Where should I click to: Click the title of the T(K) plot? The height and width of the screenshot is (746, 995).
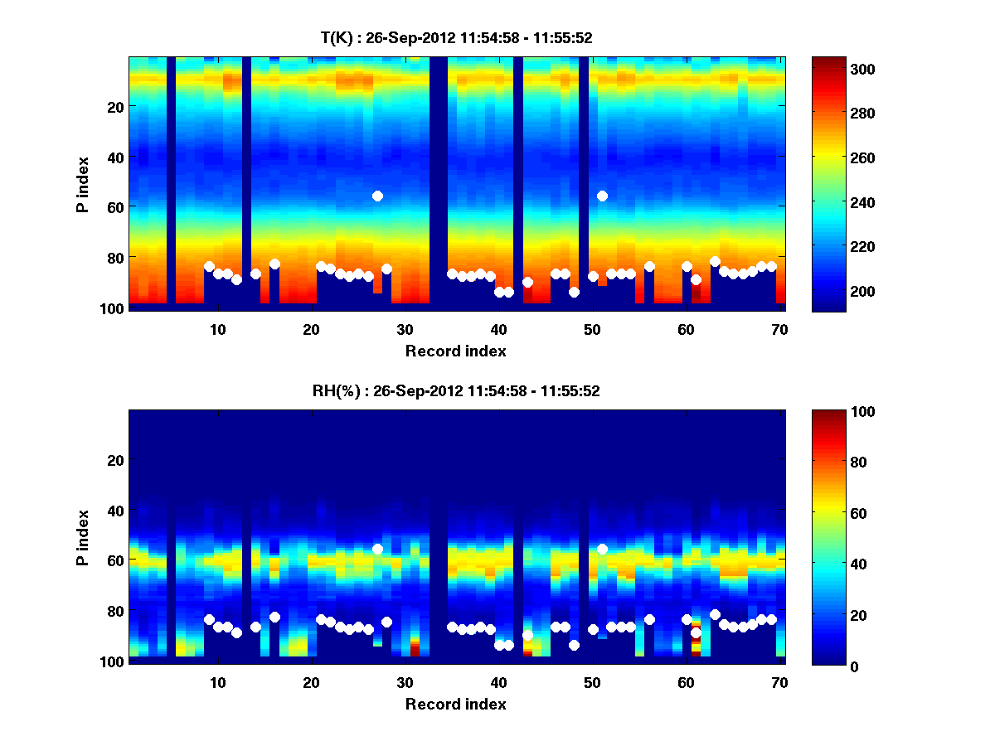pos(456,37)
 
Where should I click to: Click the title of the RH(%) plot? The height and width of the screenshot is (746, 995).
pos(456,391)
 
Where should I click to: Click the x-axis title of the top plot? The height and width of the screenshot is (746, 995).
pos(456,351)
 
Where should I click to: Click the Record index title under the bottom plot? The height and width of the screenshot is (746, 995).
pos(456,704)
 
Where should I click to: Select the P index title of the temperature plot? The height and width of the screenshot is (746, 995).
pos(82,182)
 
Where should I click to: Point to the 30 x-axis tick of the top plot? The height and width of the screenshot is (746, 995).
pos(405,329)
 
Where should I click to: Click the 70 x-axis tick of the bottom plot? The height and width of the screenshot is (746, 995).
pos(779,682)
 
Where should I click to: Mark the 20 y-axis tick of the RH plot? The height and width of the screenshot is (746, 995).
pos(115,460)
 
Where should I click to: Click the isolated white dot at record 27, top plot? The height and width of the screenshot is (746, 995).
pos(377,196)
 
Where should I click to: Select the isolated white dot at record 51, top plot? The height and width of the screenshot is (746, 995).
pos(602,196)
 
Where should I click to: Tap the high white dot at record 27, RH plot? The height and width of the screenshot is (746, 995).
pos(377,549)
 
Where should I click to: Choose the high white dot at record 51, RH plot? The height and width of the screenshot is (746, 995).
pos(602,549)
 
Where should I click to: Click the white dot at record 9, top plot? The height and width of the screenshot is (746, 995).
pos(209,266)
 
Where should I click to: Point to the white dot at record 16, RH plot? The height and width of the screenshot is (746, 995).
pos(274,617)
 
